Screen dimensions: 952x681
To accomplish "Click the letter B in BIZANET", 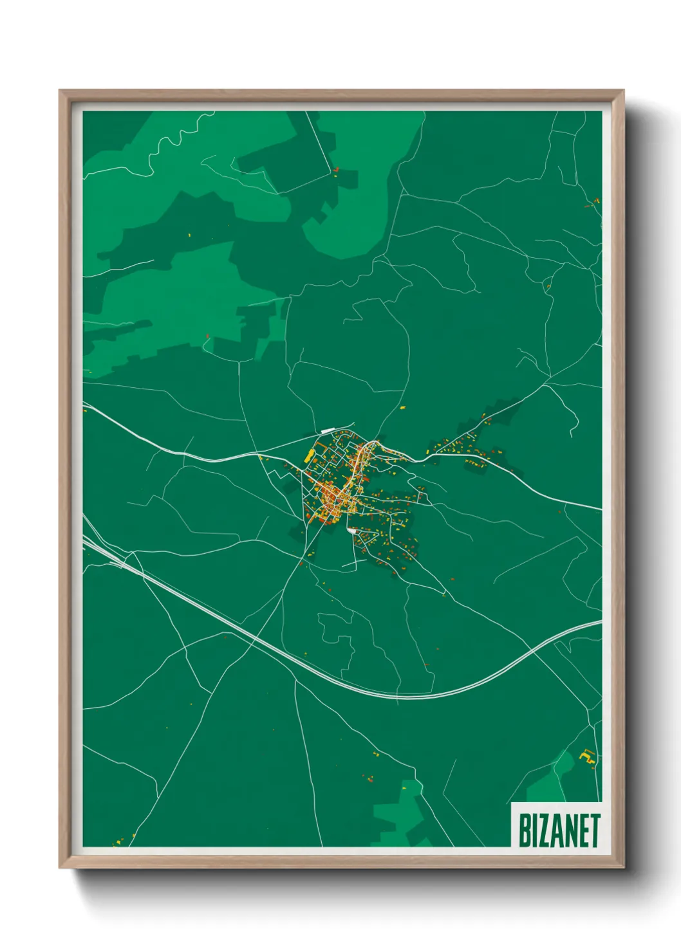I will [525, 830].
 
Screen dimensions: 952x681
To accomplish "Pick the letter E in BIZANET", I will [584, 830].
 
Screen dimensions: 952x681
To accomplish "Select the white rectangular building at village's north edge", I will [328, 430].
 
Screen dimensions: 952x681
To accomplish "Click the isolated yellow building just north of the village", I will [403, 407].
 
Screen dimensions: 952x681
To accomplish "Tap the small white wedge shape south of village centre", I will [351, 531].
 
